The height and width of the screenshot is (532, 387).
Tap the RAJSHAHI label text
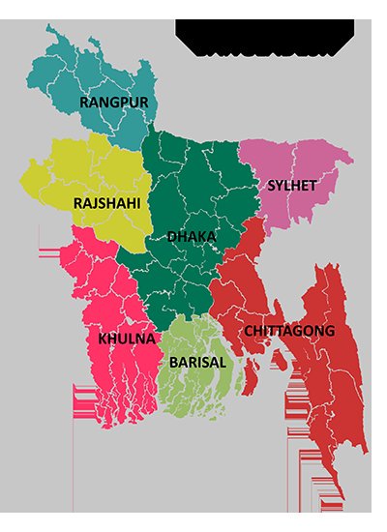click(x=106, y=204)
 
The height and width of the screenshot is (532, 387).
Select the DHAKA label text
click(x=192, y=237)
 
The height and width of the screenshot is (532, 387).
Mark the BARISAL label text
click(x=197, y=362)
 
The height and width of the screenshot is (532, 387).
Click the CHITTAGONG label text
click(x=289, y=331)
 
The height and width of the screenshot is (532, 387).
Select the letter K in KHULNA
click(x=103, y=340)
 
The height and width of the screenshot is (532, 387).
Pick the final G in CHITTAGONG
click(x=330, y=331)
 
